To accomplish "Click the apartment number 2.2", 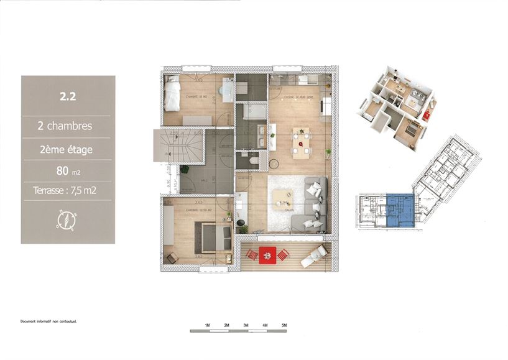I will [x=68, y=96].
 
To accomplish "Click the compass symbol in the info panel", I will [x=67, y=220].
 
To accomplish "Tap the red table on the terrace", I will [x=267, y=254].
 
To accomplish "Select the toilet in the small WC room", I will [x=252, y=160].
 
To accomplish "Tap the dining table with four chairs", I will [x=302, y=143].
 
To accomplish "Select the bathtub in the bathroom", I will [x=252, y=113].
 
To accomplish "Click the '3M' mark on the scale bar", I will [x=246, y=325].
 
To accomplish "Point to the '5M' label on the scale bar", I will [x=284, y=325].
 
